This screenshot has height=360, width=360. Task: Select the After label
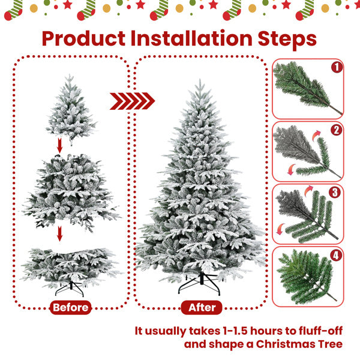tap(202, 308)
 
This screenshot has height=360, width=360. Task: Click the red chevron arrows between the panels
tap(132, 100)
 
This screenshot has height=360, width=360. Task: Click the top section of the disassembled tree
tap(71, 111)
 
